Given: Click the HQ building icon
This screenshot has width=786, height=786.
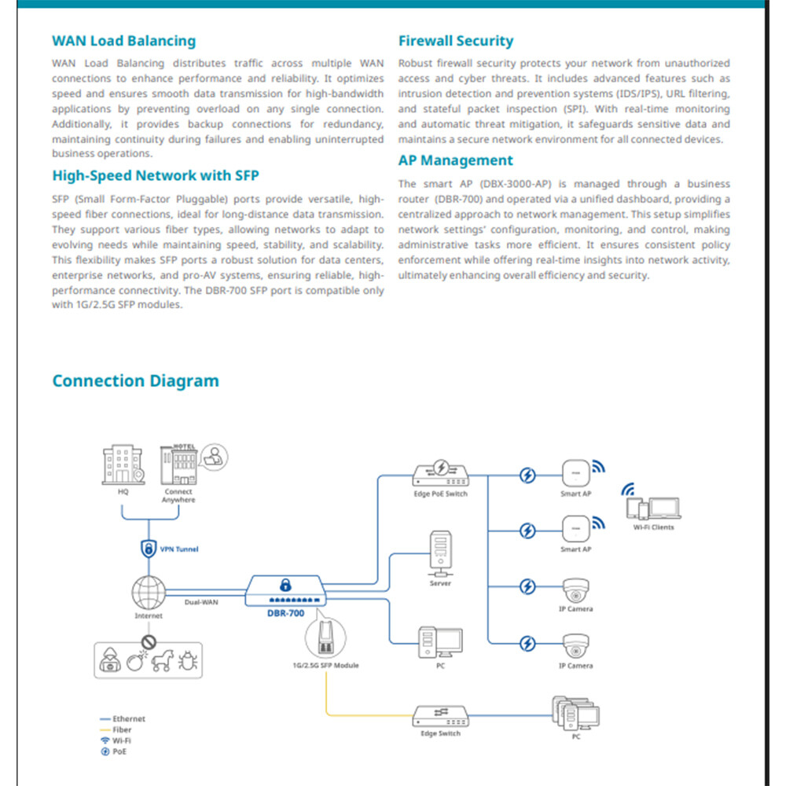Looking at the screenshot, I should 123,466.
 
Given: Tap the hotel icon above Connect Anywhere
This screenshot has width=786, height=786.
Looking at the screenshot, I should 178,465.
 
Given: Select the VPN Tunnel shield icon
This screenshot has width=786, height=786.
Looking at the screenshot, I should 147,549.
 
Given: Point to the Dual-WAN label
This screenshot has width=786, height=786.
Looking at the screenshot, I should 201,602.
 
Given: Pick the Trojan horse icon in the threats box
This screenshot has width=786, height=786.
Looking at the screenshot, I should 162,661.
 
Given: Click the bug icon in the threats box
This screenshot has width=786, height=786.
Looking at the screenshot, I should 187,661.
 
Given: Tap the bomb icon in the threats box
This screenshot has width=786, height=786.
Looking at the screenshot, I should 136,661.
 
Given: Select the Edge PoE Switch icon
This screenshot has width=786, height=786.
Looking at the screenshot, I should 440,473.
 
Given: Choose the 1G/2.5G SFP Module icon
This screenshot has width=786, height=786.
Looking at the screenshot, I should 324,638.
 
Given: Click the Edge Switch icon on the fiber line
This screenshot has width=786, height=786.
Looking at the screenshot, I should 440,716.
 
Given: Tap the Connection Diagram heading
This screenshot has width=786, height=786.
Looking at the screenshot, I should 135,381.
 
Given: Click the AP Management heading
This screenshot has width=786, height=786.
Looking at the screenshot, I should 455,160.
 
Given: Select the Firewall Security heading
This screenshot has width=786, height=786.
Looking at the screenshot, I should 455,41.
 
